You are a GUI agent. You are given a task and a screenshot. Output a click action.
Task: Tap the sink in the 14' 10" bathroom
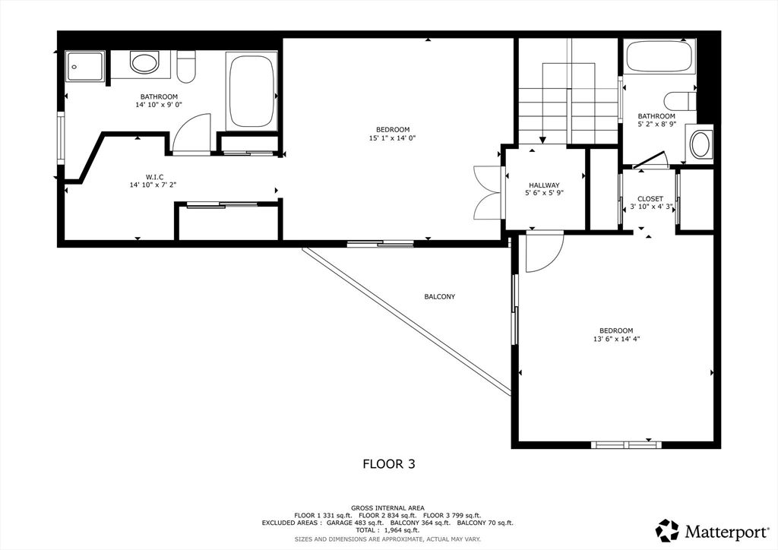(x=144, y=62)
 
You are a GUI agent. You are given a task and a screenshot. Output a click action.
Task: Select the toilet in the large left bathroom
(x=186, y=68)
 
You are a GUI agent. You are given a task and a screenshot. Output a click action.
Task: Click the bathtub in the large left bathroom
(x=251, y=91)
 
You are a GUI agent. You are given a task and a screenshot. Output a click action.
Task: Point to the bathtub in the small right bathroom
(x=659, y=58)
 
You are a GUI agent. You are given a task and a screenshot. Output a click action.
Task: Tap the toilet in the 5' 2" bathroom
(x=679, y=100)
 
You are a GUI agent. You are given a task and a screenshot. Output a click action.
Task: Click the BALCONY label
(x=440, y=296)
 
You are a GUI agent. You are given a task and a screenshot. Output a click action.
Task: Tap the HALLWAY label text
(x=544, y=185)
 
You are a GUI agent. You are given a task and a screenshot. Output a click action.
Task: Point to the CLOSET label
(x=650, y=199)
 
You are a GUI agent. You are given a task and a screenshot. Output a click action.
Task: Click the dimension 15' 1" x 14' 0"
(x=392, y=138)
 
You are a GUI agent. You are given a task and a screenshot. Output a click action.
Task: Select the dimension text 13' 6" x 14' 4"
(x=615, y=339)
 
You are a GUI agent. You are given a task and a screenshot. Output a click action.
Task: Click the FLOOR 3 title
(x=388, y=463)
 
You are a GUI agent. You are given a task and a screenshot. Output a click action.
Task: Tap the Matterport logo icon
(x=667, y=529)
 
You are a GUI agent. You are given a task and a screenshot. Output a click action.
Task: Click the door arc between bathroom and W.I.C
(x=191, y=133)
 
